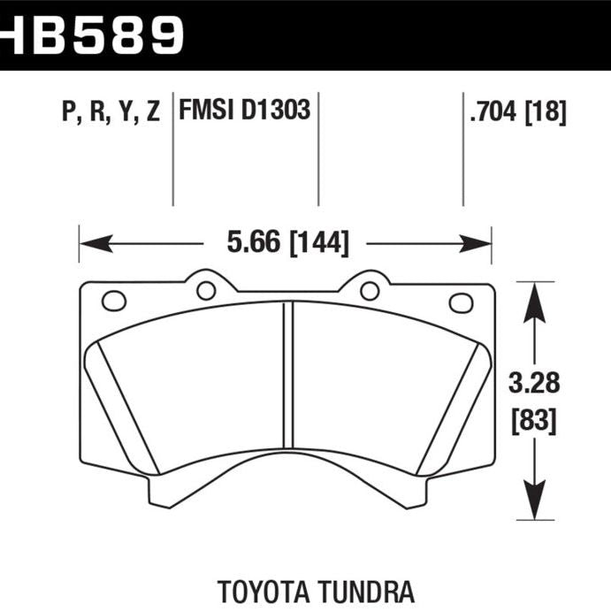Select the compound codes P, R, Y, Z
pyautogui.click(x=111, y=112)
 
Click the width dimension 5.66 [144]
pyautogui.click(x=286, y=241)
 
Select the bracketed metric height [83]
pyautogui.click(x=534, y=420)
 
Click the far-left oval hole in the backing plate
pyautogui.click(x=114, y=301)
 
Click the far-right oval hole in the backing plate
pyautogui.click(x=461, y=302)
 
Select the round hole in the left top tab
pyautogui.click(x=206, y=290)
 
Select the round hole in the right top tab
pyautogui.click(x=370, y=290)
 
